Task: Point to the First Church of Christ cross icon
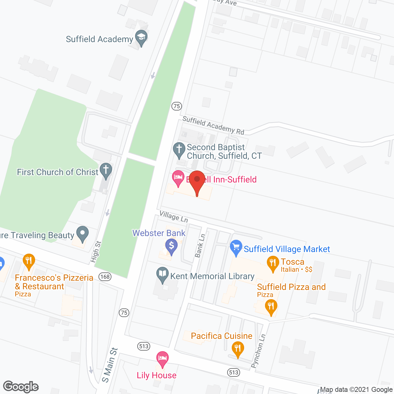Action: click(x=106, y=171)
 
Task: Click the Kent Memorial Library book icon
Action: click(x=162, y=274)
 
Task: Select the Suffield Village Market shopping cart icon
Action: click(x=236, y=247)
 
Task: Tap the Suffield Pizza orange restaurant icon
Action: click(x=271, y=307)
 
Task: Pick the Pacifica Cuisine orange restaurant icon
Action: click(x=238, y=349)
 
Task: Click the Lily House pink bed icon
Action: click(x=162, y=359)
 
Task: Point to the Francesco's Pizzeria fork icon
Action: click(x=29, y=261)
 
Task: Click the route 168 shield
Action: click(x=105, y=276)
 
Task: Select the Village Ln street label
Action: click(x=174, y=216)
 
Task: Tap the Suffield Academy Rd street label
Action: click(x=213, y=125)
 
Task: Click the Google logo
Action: click(x=21, y=387)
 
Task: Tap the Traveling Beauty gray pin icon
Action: click(x=82, y=234)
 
